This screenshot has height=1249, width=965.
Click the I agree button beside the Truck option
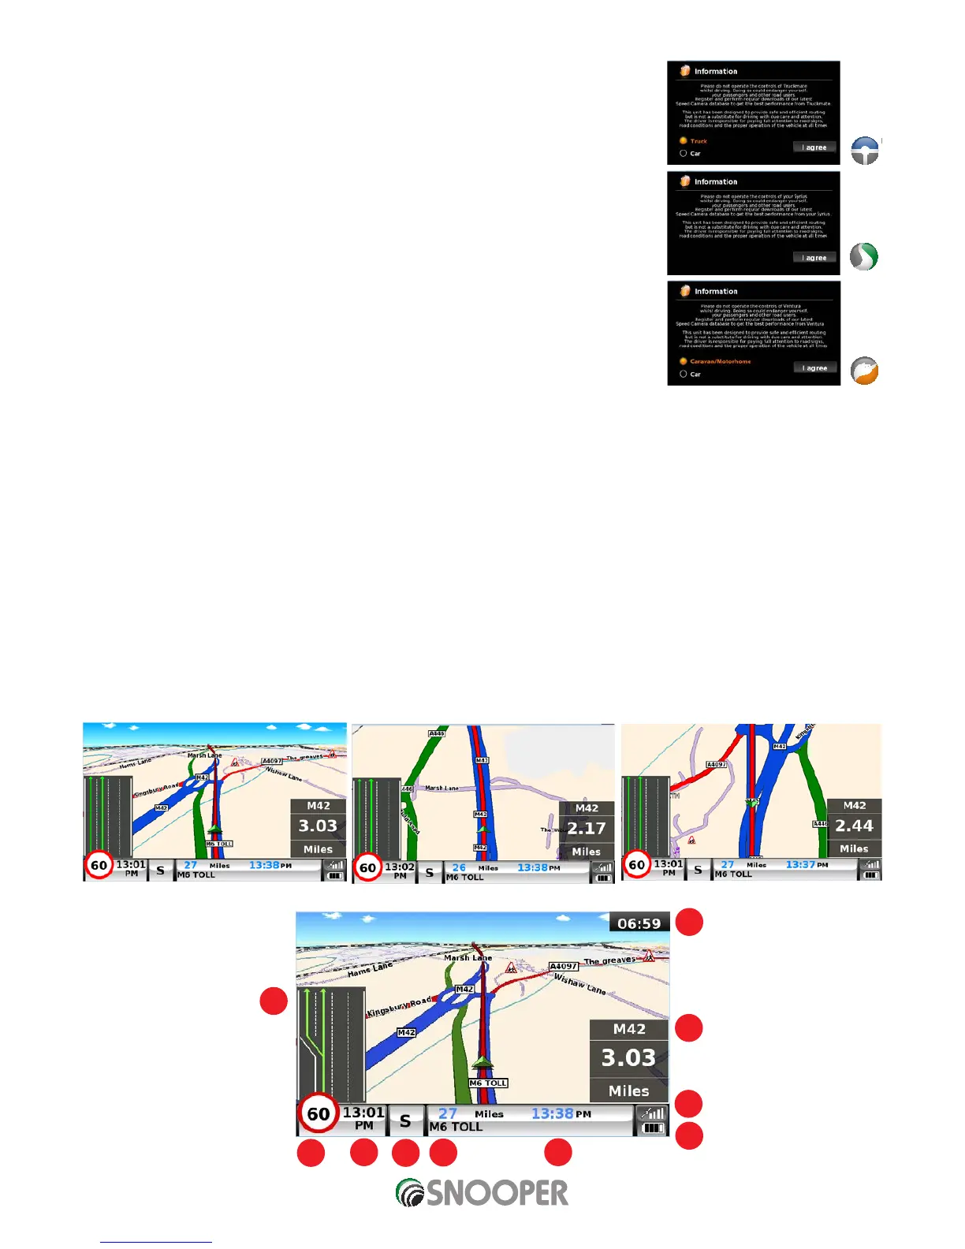pyautogui.click(x=814, y=147)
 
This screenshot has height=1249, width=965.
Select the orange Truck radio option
pyautogui.click(x=684, y=141)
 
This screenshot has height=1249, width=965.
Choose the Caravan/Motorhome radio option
pyautogui.click(x=684, y=361)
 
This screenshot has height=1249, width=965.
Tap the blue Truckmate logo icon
pyautogui.click(x=865, y=151)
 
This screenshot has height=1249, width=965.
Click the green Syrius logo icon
pyautogui.click(x=864, y=257)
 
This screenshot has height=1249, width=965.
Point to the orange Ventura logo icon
pyautogui.click(x=865, y=371)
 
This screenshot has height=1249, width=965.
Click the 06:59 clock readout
pyautogui.click(x=639, y=923)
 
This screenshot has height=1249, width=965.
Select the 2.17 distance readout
pyautogui.click(x=587, y=829)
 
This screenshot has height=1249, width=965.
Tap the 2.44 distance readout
pyautogui.click(x=855, y=826)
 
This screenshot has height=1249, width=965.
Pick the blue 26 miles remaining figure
pyautogui.click(x=459, y=867)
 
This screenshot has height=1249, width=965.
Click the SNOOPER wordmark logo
pyautogui.click(x=482, y=1193)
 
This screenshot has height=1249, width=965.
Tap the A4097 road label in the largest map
pyautogui.click(x=564, y=966)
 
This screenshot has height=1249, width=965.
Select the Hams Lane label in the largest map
pyautogui.click(x=370, y=970)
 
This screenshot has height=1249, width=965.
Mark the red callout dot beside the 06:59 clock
pyautogui.click(x=690, y=923)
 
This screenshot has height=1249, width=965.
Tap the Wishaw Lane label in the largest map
pyautogui.click(x=580, y=984)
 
